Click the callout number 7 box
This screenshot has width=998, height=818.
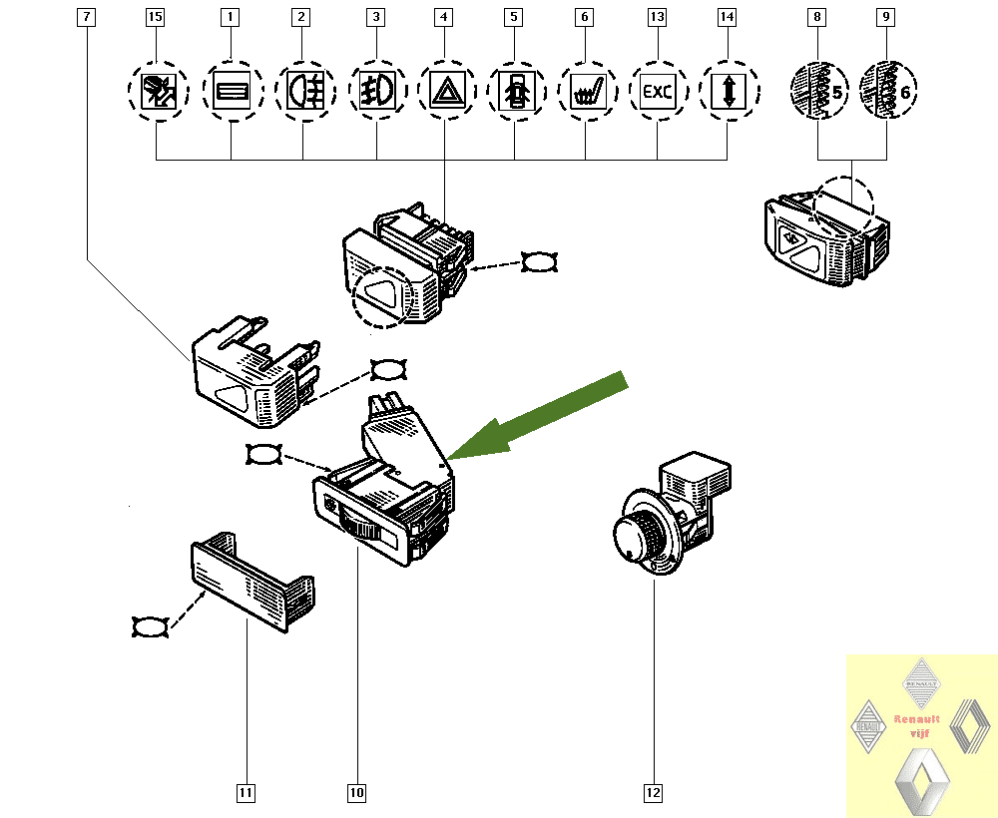coord(87,17)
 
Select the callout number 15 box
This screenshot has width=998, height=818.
coord(155,17)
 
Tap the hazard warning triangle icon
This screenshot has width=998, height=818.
coord(443,93)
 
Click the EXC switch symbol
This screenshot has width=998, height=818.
coord(658,93)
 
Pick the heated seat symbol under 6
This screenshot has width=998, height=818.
coord(586,93)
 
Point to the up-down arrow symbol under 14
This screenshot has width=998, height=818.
coord(728,93)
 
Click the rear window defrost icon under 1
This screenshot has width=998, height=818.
coord(232,93)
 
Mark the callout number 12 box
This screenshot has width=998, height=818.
coord(653,793)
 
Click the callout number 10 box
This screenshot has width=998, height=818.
coord(356,793)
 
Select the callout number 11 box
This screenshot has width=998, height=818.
coord(246,793)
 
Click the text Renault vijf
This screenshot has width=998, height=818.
coord(916,725)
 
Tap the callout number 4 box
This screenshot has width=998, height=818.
coord(443,17)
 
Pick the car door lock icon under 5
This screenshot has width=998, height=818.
coord(515,93)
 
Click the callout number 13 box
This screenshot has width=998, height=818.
coord(657,17)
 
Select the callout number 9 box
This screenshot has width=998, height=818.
coord(886,17)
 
